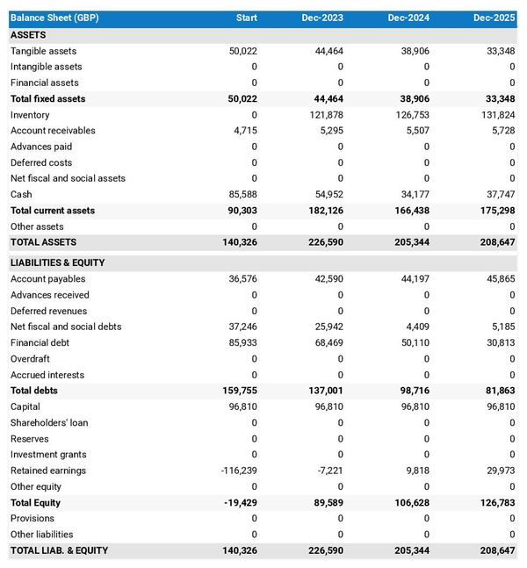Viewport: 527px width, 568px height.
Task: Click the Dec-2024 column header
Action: [x=408, y=18]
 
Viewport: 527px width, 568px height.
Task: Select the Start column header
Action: [x=245, y=18]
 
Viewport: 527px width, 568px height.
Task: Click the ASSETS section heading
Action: [x=28, y=35]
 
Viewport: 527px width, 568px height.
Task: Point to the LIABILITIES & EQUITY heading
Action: [x=57, y=262]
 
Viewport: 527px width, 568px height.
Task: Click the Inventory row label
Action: [x=30, y=115]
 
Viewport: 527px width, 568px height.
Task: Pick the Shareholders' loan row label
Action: [x=49, y=422]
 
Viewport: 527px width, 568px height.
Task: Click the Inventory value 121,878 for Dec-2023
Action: [x=326, y=115]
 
